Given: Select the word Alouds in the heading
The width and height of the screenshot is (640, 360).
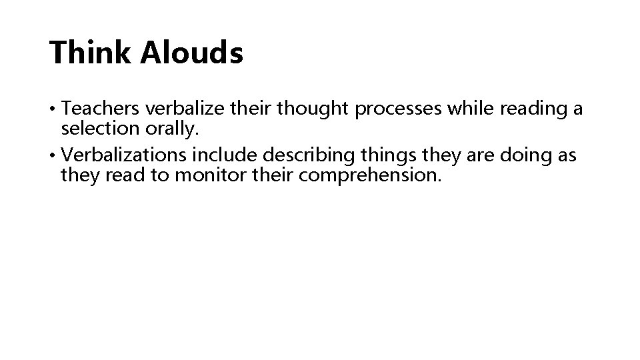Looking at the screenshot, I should click(191, 53).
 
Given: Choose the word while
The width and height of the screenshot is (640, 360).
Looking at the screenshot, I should click(467, 109).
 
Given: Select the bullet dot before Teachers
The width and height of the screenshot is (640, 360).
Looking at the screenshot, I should click(53, 109).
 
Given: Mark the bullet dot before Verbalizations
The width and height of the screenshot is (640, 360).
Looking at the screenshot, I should click(53, 156).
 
